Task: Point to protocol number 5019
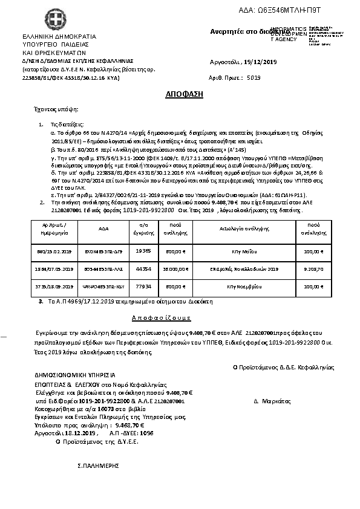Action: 253,78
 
